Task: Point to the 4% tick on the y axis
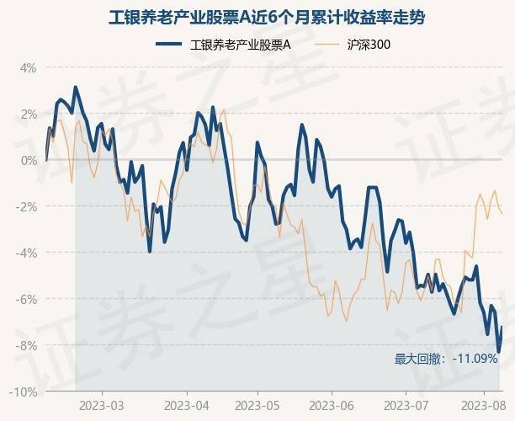[28, 67]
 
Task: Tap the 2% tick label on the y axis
[28, 114]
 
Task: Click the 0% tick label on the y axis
[28, 160]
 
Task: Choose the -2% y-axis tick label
[26, 206]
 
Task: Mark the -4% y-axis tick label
[26, 253]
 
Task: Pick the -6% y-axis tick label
[26, 299]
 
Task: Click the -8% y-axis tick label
[26, 345]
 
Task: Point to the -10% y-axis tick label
[24, 392]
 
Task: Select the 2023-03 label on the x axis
[102, 406]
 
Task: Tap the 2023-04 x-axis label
[186, 406]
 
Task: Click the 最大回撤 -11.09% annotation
[446, 360]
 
